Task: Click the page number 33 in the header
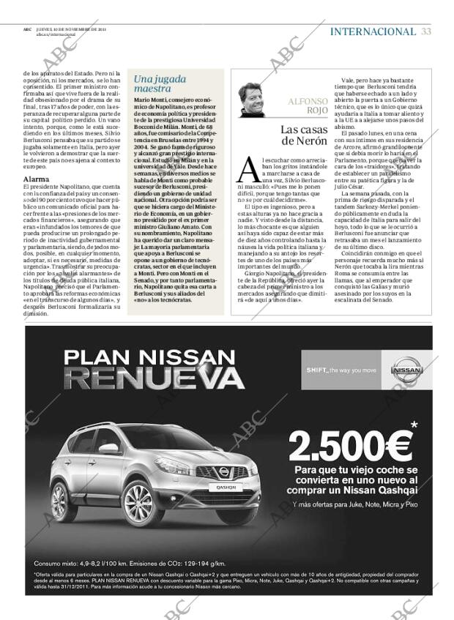pos(426,31)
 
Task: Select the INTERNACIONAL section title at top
pos(373,31)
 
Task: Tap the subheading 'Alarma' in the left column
pos(36,179)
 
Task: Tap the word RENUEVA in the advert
pos(154,378)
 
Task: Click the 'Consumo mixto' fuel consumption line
pos(129,563)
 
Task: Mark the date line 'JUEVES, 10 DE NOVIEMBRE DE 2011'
pos(70,29)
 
